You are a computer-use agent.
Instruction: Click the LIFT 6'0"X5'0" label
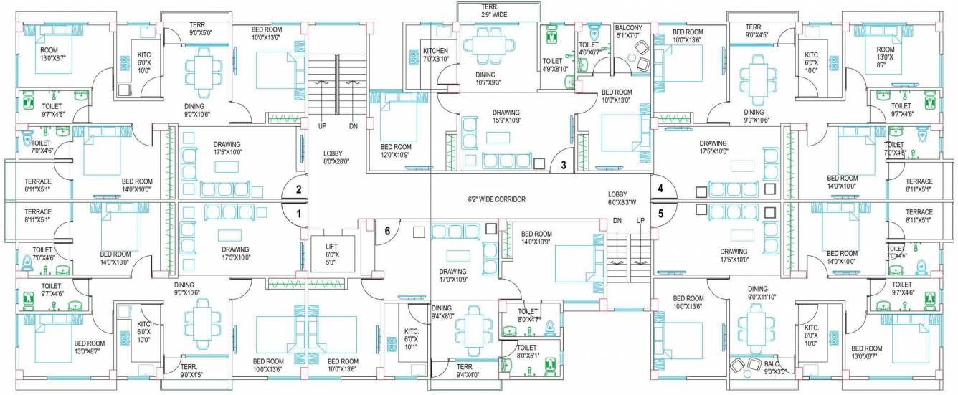coord(331,254)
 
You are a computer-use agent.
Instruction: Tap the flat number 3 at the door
coord(564,165)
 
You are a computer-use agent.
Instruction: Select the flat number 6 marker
coord(387,232)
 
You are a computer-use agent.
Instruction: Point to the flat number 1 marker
coord(298,213)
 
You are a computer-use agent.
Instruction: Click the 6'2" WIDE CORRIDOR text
coord(496,199)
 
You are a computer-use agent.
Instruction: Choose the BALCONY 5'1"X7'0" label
coord(628,32)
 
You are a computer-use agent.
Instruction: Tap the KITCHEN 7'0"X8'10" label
coord(436,55)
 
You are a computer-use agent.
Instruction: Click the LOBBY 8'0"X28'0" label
coord(336,158)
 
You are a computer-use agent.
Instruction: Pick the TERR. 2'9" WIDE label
coord(494,11)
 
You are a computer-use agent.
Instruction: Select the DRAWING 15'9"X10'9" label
coord(506,117)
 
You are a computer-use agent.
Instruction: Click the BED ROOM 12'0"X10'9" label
coord(396,151)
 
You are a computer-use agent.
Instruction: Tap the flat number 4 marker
coord(660,188)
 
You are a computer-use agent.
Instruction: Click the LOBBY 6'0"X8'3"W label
coord(622,199)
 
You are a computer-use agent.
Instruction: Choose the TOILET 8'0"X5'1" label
coord(527,351)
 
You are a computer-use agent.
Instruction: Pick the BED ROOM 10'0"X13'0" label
coord(617,96)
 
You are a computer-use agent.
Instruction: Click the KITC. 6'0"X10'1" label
coord(412,339)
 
